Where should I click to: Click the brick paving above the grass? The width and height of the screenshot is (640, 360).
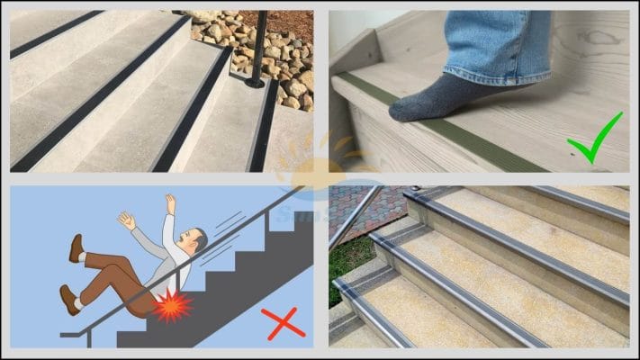(356, 211)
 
